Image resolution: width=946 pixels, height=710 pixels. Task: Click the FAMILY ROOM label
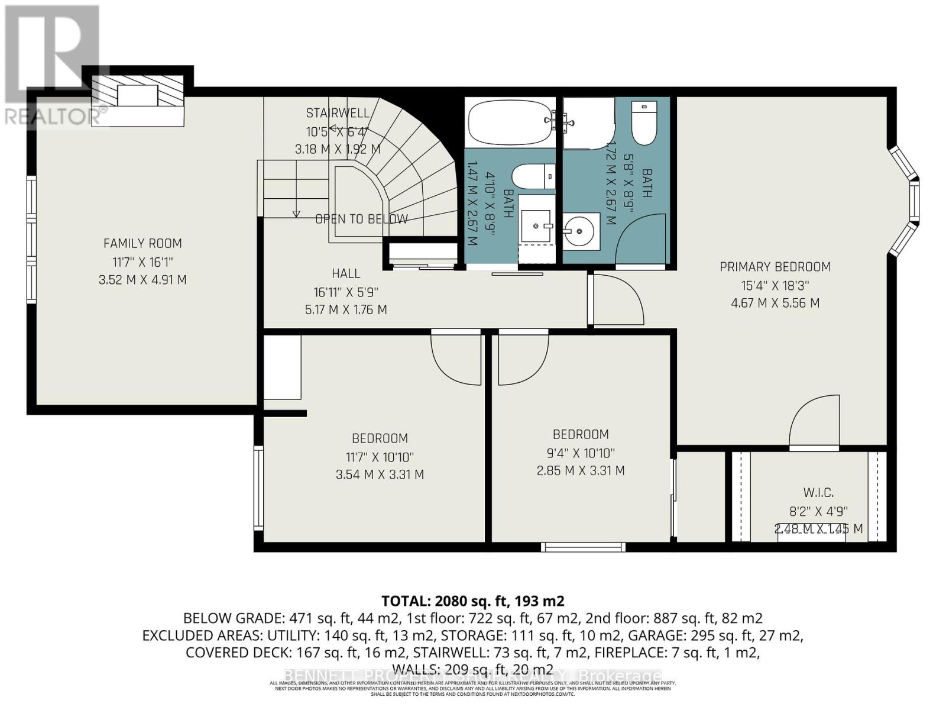coord(142,243)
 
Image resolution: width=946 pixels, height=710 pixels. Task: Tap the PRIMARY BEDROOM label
coord(775,267)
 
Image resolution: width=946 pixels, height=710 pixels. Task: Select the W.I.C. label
coord(818,492)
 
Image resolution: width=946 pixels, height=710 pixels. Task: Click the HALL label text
coord(346,273)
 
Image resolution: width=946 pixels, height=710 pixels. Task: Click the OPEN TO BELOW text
coord(361,219)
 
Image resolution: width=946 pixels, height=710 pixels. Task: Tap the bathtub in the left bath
coord(510,122)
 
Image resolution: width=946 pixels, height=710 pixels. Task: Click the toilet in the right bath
coord(644,123)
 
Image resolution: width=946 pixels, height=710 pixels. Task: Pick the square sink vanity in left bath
coord(536,225)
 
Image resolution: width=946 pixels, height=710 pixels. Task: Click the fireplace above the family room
coord(138,95)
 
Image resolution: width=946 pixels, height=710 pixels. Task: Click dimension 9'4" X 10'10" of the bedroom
coord(580,453)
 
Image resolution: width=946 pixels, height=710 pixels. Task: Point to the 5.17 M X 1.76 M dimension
coord(346,309)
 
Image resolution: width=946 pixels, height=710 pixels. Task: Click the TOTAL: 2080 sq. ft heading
coord(472,601)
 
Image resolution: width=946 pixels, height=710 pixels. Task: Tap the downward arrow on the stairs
coord(296,214)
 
